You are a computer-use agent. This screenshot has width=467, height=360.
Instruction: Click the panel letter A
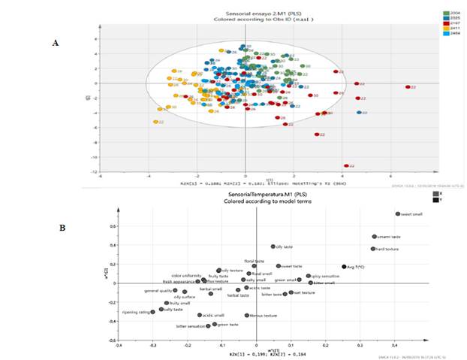coord(55,44)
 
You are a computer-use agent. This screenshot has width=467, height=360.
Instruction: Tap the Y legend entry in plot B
coord(435,198)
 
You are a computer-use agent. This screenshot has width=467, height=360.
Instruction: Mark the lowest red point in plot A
coord(346,166)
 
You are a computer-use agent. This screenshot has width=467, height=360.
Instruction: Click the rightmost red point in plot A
coord(408,87)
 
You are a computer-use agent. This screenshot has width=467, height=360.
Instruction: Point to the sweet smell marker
coord(398,214)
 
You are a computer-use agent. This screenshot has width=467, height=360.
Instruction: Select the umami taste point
coord(374,237)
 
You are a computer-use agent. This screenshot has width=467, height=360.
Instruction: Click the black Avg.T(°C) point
coord(344,266)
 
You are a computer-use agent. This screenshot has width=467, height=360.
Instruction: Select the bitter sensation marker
coord(208,326)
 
